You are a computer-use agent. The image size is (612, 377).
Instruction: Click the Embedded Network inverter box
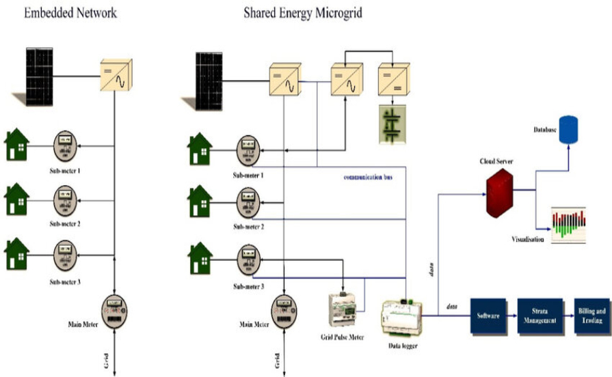114,72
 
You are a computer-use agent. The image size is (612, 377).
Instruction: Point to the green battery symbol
391,124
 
